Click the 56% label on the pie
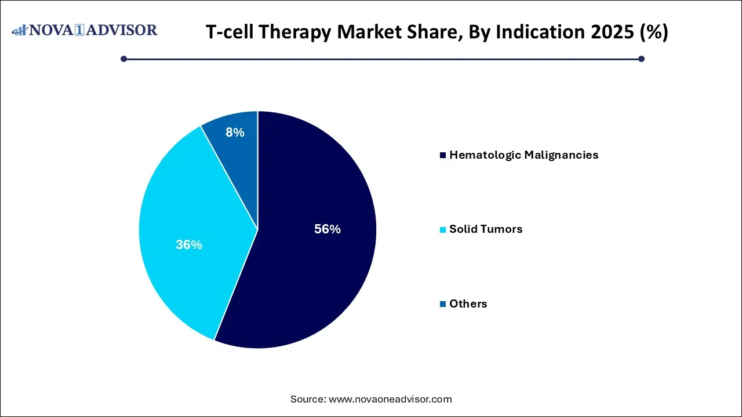click(x=327, y=229)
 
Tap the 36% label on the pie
click(x=189, y=245)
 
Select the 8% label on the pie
click(x=235, y=133)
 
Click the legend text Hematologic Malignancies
click(x=523, y=155)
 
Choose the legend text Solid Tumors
click(x=486, y=229)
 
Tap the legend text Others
click(x=468, y=304)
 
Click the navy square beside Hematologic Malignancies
click(x=443, y=155)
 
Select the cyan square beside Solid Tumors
click(x=443, y=230)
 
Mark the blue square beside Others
click(x=443, y=304)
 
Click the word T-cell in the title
click(x=231, y=32)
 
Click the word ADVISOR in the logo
click(x=123, y=30)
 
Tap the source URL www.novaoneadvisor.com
click(x=390, y=399)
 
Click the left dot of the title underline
click(x=123, y=58)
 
